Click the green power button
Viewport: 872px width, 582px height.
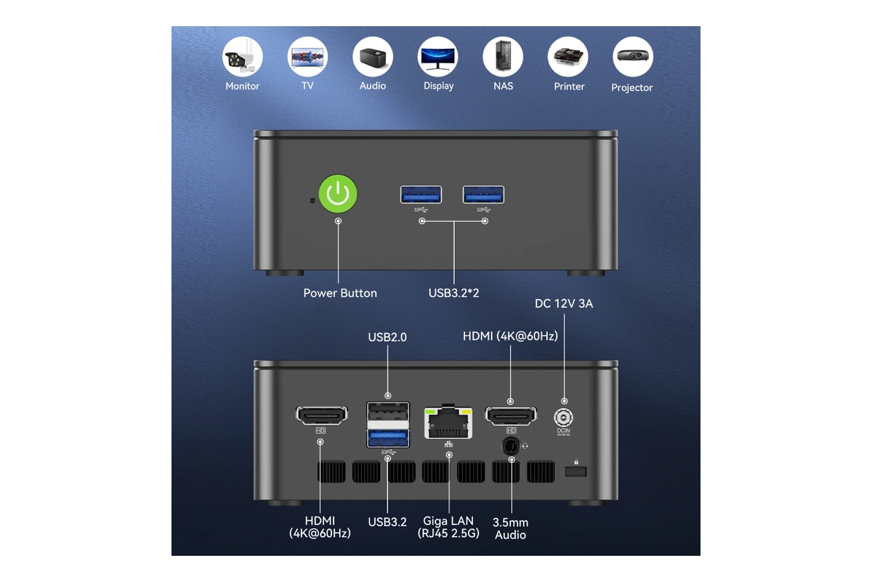(337, 194)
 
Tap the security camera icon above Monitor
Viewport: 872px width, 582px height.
(242, 57)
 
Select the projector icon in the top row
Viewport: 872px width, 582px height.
(633, 57)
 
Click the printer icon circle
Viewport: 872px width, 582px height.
(568, 57)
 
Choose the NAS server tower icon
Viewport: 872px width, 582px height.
(503, 57)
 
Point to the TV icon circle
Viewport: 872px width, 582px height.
(307, 57)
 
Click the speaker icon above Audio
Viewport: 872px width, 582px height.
(373, 57)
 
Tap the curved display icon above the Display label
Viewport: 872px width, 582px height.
(437, 57)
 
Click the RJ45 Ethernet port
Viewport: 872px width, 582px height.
(448, 423)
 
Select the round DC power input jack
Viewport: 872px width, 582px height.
(563, 418)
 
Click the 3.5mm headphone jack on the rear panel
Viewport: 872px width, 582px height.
(511, 445)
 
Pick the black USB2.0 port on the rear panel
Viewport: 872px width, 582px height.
(388, 412)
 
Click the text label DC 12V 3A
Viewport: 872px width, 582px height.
(564, 303)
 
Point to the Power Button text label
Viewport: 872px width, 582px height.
(340, 293)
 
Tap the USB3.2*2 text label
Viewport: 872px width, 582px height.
(453, 293)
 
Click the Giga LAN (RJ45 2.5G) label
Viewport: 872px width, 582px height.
(448, 527)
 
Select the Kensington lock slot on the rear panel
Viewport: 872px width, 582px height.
(576, 471)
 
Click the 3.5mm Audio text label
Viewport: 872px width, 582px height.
(510, 529)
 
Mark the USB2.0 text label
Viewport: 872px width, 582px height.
(387, 337)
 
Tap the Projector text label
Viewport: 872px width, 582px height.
(631, 88)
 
